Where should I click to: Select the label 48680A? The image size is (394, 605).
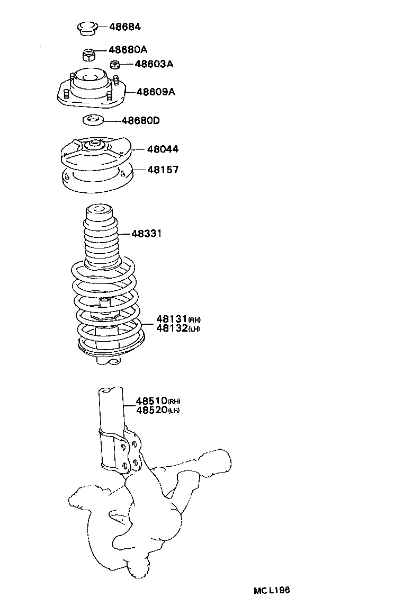128,50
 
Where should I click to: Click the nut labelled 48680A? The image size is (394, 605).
89,54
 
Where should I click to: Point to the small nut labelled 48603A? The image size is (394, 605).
115,65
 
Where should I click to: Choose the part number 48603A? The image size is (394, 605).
154,64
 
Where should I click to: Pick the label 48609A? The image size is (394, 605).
156,92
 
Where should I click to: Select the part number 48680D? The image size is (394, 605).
140,121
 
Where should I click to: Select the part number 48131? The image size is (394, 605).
172,319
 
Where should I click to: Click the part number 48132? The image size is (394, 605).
172,328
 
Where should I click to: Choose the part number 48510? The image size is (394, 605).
151,401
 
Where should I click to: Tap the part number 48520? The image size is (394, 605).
151,410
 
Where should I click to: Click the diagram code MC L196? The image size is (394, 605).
271,590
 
